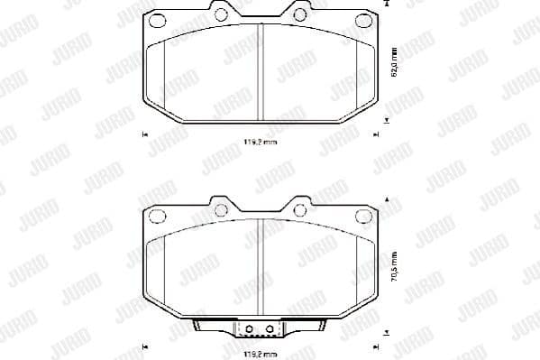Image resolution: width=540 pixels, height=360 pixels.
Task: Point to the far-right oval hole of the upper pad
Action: click(x=364, y=21)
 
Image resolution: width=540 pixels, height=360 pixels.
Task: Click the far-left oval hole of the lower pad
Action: click(x=154, y=216)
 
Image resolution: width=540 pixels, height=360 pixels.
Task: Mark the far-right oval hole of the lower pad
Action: click(x=364, y=216)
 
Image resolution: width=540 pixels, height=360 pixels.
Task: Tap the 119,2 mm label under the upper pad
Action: click(x=260, y=142)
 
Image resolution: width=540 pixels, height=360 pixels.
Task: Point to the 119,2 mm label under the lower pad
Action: click(x=260, y=355)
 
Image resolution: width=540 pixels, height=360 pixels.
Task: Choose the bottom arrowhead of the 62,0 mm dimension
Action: click(x=387, y=118)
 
